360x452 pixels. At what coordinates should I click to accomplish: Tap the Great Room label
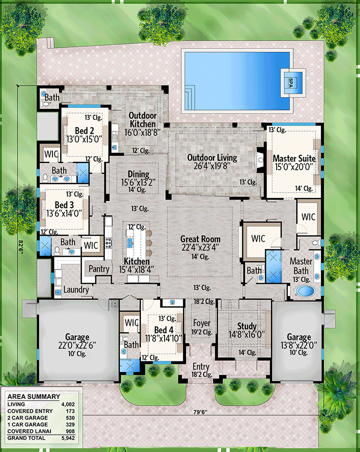tap(200, 239)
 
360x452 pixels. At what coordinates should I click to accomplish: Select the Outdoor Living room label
tap(212, 157)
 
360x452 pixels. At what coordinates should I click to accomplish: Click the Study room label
tap(246, 326)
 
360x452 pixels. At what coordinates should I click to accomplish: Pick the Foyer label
tap(201, 323)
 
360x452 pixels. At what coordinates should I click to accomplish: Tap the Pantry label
tap(99, 269)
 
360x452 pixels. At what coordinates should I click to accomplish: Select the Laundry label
tap(76, 290)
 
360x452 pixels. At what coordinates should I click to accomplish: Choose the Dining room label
tap(135, 174)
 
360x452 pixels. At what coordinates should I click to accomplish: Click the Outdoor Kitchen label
tap(142, 120)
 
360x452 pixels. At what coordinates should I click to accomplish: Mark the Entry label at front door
tap(201, 366)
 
